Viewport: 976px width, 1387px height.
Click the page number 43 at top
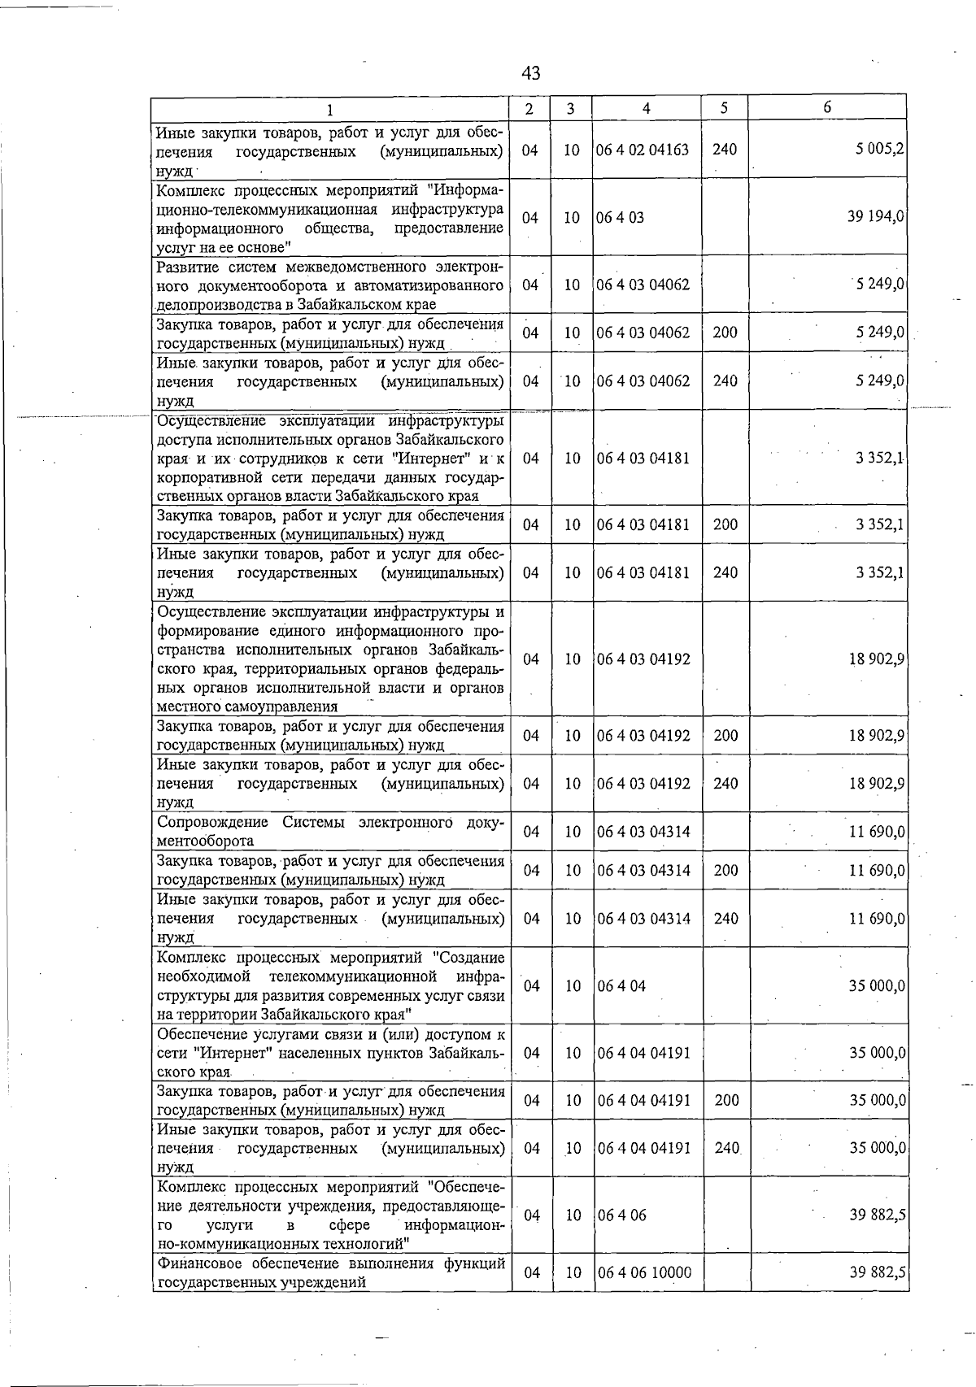pos(530,73)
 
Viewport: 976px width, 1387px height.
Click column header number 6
pos(827,107)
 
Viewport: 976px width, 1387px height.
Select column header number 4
pos(646,108)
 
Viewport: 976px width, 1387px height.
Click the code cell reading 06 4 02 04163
pos(643,150)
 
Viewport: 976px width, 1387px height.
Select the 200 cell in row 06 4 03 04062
pos(725,333)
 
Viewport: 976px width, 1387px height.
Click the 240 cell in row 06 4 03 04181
pos(725,572)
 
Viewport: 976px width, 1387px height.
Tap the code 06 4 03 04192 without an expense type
pos(643,659)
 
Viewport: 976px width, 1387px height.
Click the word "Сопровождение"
pos(212,822)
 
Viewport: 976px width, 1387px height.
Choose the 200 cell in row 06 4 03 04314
pos(725,870)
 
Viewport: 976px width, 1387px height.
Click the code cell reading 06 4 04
pos(621,985)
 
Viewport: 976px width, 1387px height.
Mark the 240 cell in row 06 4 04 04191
pos(725,1148)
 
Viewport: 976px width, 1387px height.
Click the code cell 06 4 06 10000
pos(644,1272)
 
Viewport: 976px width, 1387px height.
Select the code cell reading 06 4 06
pos(621,1215)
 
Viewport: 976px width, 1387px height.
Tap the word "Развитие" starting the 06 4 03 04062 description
pos(188,267)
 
